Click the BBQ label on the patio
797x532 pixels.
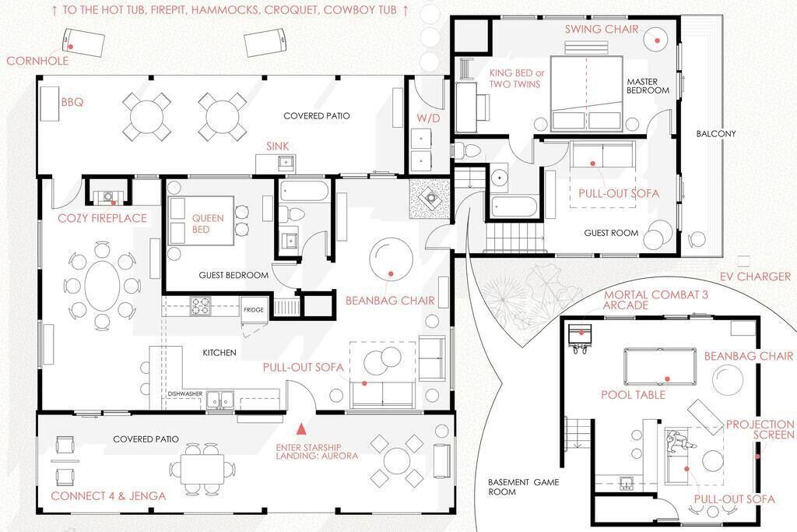(x=72, y=102)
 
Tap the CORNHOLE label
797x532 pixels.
(x=37, y=61)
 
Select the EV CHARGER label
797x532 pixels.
(x=755, y=277)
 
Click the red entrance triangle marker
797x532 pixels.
(x=301, y=429)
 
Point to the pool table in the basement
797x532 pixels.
(x=660, y=365)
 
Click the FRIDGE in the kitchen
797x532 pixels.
(x=253, y=309)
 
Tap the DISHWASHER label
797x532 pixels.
(x=185, y=393)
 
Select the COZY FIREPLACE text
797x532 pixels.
(x=102, y=218)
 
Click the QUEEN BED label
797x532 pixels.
(x=207, y=224)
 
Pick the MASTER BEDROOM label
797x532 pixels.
(x=648, y=86)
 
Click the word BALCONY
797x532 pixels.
(x=716, y=134)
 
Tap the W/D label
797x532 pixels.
(x=428, y=118)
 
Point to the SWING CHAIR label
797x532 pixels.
(x=602, y=29)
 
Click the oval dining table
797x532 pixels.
(x=102, y=285)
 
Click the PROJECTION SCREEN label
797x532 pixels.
(x=760, y=429)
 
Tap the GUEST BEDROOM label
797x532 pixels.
(x=233, y=275)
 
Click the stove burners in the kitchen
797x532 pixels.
(x=200, y=306)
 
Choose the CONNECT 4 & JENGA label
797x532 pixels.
(x=108, y=496)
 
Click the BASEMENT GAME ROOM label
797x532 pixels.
(x=524, y=487)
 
